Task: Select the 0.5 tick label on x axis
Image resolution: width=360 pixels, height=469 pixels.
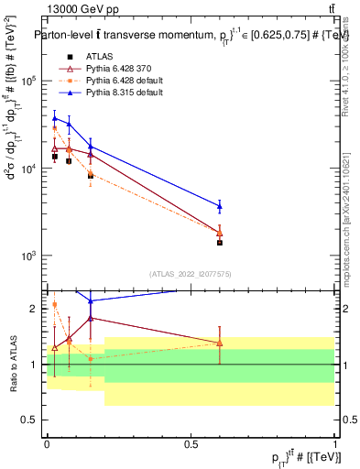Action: tap(191, 442)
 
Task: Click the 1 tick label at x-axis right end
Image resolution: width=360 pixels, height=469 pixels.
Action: tap(333, 442)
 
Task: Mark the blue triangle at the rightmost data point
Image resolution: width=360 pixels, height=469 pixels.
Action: tap(219, 206)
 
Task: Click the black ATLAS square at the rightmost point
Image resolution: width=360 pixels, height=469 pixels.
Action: tap(219, 243)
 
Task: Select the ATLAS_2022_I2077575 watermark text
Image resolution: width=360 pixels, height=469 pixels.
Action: tap(191, 274)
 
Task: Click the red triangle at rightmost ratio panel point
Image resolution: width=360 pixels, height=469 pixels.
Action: tap(219, 343)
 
